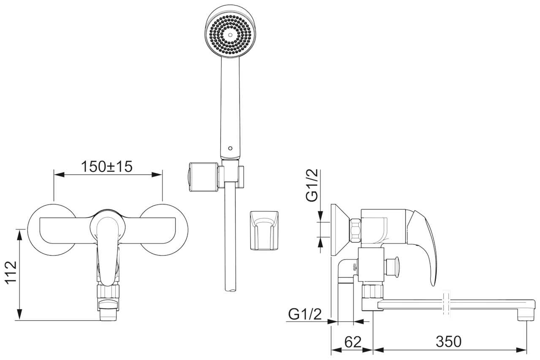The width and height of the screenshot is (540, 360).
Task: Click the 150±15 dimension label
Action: pos(106,166)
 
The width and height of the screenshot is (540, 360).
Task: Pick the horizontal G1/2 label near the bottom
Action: pos(305,314)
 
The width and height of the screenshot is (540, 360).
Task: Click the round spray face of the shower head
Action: pos(231,32)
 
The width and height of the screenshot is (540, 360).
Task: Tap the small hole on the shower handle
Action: pos(230,148)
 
